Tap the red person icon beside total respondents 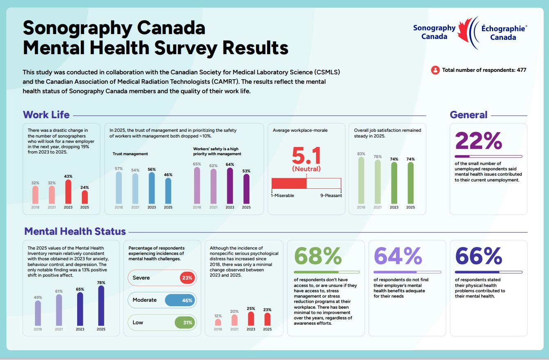pyautogui.click(x=435, y=70)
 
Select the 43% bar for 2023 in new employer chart pyautogui.click(x=68, y=192)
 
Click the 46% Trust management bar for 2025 pyautogui.click(x=168, y=191)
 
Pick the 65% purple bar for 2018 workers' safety pyautogui.click(x=197, y=186)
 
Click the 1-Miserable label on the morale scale pyautogui.click(x=283, y=195)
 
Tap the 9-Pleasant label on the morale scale pyautogui.click(x=331, y=195)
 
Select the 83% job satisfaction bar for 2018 pyautogui.click(x=361, y=181)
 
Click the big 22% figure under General pyautogui.click(x=478, y=141)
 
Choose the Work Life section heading pyautogui.click(x=46, y=115)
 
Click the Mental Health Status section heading pyautogui.click(x=75, y=232)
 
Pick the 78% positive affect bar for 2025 pyautogui.click(x=101, y=306)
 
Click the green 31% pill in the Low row pyautogui.click(x=185, y=322)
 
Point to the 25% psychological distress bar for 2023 pyautogui.click(x=251, y=319)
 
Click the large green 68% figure pyautogui.click(x=318, y=257)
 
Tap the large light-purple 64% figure pyautogui.click(x=398, y=257)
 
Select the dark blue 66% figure pyautogui.click(x=478, y=257)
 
